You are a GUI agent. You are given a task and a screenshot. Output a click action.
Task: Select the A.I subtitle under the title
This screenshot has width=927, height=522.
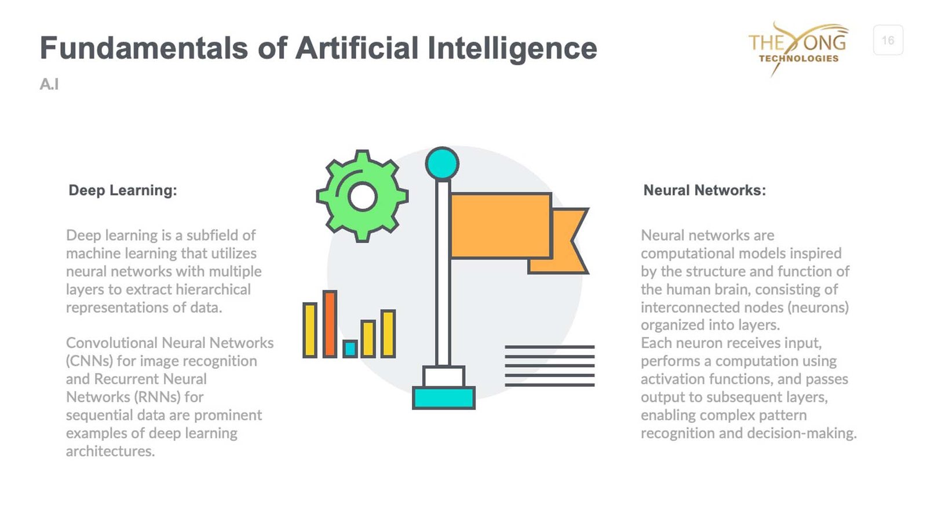click(x=49, y=84)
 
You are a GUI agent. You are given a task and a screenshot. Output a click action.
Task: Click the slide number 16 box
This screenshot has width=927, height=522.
click(x=888, y=40)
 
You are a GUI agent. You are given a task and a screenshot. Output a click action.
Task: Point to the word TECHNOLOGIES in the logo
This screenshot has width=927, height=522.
click(x=799, y=59)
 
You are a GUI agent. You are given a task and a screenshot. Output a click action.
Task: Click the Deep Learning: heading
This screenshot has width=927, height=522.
click(x=122, y=190)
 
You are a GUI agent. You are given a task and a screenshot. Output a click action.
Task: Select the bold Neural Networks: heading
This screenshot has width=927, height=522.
click(x=705, y=190)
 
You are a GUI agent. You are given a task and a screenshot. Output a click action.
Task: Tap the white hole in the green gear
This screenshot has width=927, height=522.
click(x=362, y=197)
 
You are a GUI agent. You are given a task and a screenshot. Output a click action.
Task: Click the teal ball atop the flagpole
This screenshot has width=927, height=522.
click(x=442, y=163)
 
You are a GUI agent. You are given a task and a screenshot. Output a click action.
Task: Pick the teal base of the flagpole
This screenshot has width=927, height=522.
click(x=444, y=398)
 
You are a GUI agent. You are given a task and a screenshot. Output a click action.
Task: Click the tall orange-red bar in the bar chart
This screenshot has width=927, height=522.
click(x=330, y=324)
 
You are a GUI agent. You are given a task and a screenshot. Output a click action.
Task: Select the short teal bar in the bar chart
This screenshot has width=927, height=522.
click(x=350, y=349)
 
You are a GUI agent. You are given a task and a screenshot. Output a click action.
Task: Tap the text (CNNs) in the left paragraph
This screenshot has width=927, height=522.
click(x=89, y=361)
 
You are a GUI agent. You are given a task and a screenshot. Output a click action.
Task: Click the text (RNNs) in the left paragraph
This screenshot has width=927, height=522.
click(x=157, y=397)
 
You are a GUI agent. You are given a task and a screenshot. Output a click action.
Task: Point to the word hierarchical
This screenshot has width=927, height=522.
click(x=213, y=289)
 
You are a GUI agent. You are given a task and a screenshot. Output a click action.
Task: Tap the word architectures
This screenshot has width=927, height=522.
click(x=111, y=451)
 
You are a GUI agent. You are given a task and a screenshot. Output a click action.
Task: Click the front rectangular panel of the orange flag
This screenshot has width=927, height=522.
click(x=501, y=226)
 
